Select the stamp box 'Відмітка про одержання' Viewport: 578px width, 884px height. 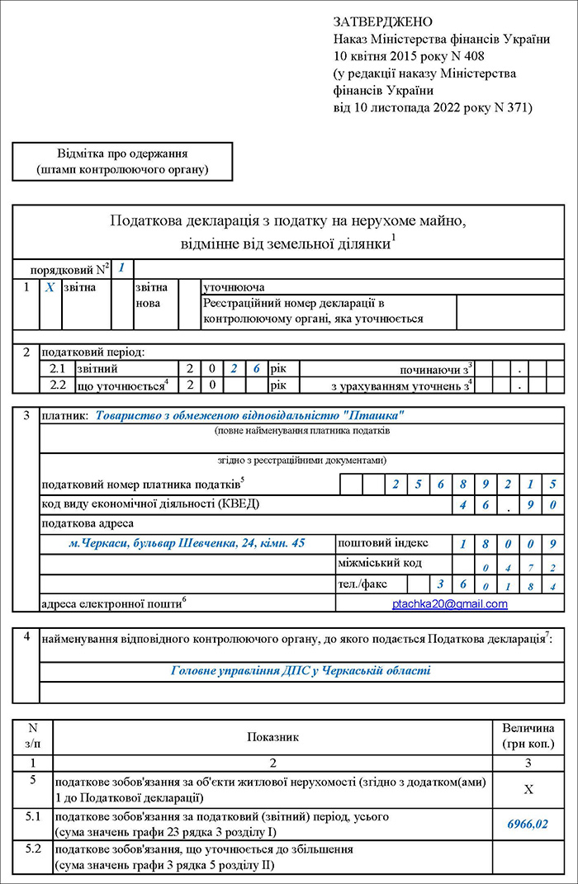click(x=122, y=162)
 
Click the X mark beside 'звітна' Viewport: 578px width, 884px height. click(x=50, y=288)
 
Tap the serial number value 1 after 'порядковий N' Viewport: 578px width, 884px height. click(x=121, y=267)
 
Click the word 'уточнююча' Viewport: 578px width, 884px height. click(x=234, y=288)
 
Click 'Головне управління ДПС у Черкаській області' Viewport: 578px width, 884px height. click(x=301, y=670)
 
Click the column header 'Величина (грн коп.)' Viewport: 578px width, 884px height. click(x=528, y=736)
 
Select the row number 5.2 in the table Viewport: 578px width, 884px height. click(x=33, y=849)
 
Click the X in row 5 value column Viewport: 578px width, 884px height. click(x=528, y=789)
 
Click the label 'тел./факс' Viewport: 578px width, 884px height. click(x=361, y=584)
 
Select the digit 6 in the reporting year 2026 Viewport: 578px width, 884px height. click(x=256, y=368)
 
